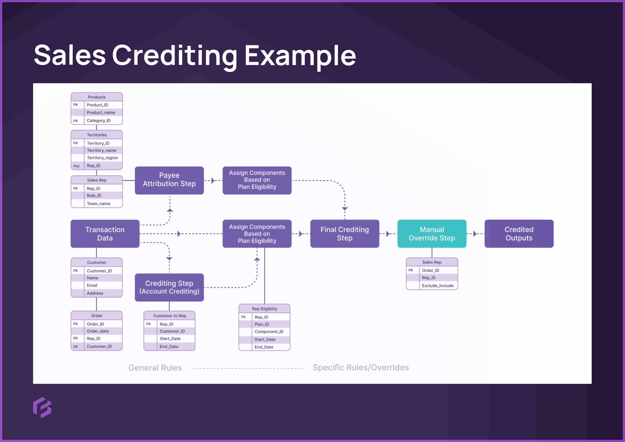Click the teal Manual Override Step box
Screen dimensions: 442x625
[x=432, y=234]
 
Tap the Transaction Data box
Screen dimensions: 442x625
[x=105, y=234]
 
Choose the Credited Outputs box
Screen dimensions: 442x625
[x=519, y=234]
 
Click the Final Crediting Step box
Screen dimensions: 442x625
[x=345, y=234]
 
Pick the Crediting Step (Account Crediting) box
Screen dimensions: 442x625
[x=169, y=287]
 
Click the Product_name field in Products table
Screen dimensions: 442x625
[x=101, y=113]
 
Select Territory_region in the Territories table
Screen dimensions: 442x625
[x=102, y=158]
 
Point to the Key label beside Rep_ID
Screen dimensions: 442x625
[x=76, y=166]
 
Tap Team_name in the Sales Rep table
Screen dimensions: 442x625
[x=99, y=203]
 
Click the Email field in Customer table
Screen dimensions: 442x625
[x=92, y=285]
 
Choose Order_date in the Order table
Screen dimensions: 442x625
[x=98, y=331]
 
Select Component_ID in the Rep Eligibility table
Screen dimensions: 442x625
[x=269, y=331]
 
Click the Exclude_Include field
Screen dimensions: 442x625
[x=438, y=285]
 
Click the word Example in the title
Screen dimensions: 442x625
[x=300, y=56]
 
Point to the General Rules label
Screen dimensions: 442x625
[x=155, y=368]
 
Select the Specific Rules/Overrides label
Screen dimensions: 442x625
[x=361, y=367]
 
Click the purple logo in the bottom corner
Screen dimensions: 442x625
[x=42, y=407]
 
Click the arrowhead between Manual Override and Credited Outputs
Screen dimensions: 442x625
[x=475, y=234]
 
